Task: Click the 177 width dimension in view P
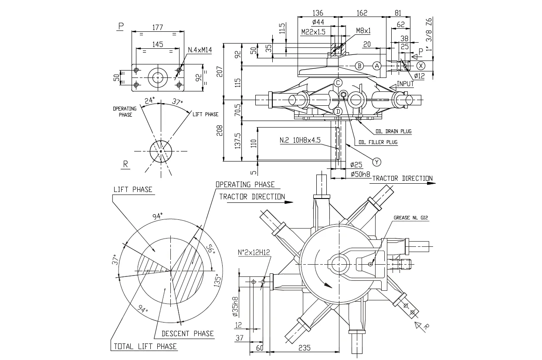coord(157,27)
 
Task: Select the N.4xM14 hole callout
coord(200,50)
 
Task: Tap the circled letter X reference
coord(420,66)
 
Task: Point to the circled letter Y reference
coord(377,161)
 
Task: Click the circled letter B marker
coord(359,66)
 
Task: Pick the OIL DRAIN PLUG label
coord(393,131)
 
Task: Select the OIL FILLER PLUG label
coord(378,142)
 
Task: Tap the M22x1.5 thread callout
coord(313,32)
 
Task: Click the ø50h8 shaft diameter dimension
coord(360,174)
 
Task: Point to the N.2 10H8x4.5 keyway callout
coord(300,140)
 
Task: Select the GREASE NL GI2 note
coord(411,218)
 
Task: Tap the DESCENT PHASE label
coord(188,333)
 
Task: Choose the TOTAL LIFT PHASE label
coord(145,347)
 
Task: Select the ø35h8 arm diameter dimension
coord(236,307)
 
